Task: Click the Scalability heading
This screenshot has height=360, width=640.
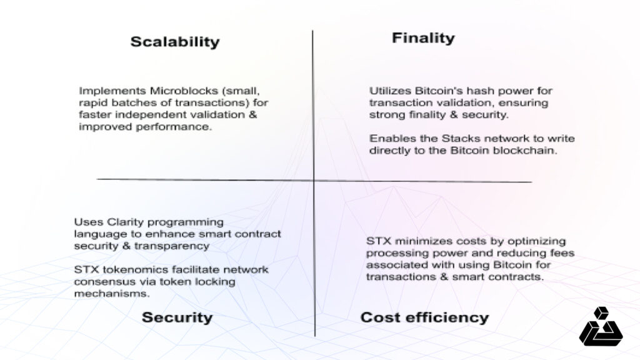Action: [175, 42]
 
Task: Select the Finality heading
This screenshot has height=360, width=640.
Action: [423, 38]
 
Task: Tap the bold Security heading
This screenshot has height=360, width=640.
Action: [177, 317]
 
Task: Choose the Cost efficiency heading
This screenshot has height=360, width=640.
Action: [424, 317]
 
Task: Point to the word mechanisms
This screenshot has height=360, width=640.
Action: [112, 294]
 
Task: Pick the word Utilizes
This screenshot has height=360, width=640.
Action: [390, 91]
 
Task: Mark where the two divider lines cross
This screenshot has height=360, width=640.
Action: [314, 181]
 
